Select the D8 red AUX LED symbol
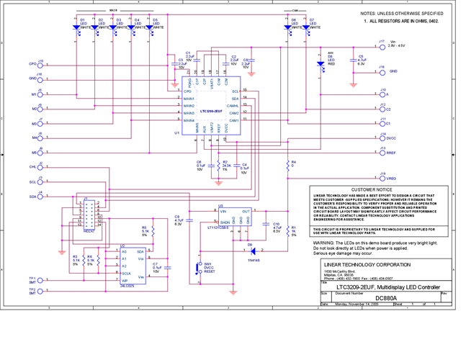pos(321,63)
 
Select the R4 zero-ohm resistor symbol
pos(287,163)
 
